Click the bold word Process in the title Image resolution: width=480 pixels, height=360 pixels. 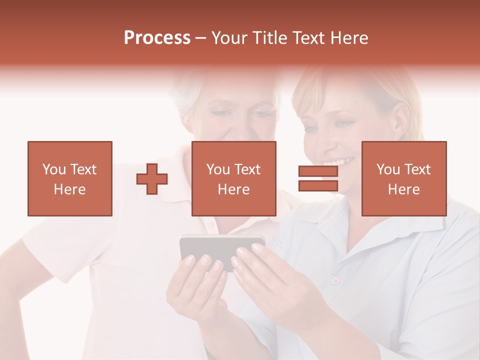(157, 38)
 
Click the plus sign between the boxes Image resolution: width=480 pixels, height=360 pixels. (152, 179)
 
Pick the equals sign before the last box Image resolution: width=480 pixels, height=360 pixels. (318, 178)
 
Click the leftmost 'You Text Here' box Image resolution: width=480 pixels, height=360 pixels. (70, 178)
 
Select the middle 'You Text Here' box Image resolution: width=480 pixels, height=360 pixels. (233, 178)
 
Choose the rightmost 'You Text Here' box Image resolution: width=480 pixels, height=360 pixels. (404, 178)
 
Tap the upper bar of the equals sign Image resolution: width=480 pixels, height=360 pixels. (318, 171)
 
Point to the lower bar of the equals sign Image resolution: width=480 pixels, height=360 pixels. (318, 185)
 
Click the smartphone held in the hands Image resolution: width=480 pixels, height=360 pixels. (220, 247)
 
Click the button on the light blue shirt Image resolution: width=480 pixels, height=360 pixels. (335, 279)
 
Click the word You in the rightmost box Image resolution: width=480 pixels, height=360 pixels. (387, 169)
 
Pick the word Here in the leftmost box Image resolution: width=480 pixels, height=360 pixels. (70, 189)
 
